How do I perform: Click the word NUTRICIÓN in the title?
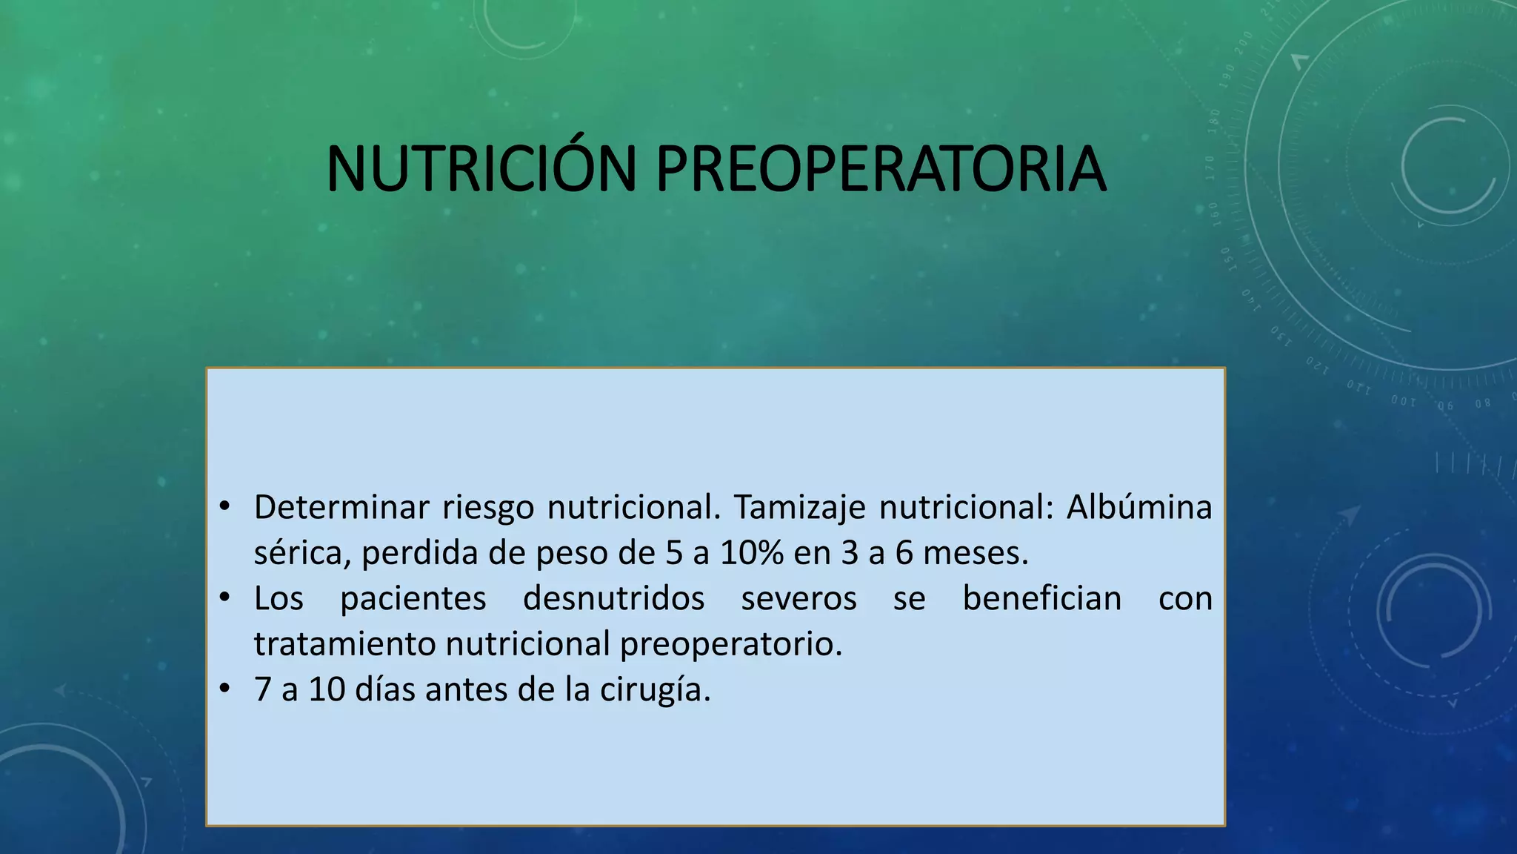pos(481,169)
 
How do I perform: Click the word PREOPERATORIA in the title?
pos(881,169)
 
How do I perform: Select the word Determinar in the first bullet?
pos(341,508)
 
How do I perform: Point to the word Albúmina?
pos(1138,508)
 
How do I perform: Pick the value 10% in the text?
pos(752,553)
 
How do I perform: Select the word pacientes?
pos(413,599)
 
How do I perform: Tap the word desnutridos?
pos(613,599)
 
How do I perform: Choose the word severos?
pos(798,599)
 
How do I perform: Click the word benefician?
pos(1042,599)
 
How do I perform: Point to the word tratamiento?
pos(344,644)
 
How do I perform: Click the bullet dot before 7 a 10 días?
pos(225,689)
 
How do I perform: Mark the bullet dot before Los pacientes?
pos(225,598)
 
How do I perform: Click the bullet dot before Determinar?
pos(225,507)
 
